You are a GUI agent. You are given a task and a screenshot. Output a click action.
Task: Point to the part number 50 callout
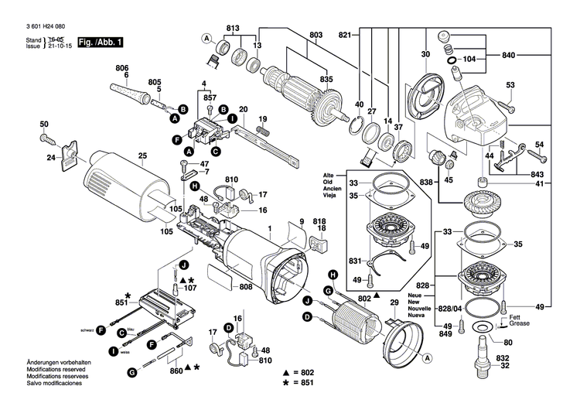(x=44, y=125)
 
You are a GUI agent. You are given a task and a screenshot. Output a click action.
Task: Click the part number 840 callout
(x=507, y=56)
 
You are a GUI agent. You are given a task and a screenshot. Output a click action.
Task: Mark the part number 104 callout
(x=469, y=60)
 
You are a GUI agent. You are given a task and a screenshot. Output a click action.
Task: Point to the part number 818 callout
(x=319, y=220)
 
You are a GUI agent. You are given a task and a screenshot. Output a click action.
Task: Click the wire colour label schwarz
(x=86, y=330)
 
